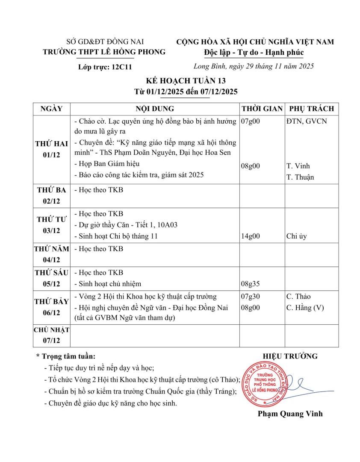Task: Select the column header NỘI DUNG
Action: [x=154, y=109]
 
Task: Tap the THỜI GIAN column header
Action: [x=262, y=109]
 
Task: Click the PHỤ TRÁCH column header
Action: [x=311, y=109]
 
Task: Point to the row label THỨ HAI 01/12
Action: [x=52, y=149]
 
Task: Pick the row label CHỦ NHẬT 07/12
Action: [x=52, y=335]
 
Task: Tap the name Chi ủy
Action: [x=296, y=236]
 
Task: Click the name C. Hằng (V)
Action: [x=305, y=308]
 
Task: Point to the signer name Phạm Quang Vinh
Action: [x=290, y=414]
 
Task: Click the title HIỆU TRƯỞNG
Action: [x=290, y=356]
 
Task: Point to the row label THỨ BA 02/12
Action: [x=52, y=195]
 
